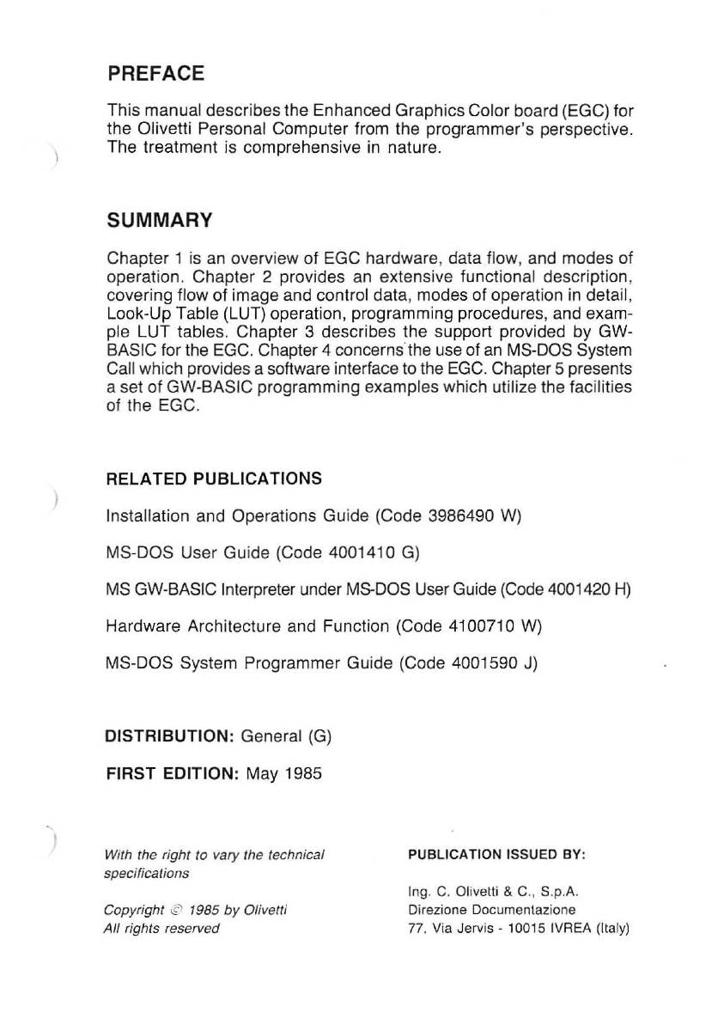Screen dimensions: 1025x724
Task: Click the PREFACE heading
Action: pos(155,74)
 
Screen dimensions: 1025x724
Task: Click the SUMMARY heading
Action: pos(159,222)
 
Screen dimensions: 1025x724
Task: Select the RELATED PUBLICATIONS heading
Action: pos(214,479)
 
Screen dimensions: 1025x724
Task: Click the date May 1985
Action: pos(283,773)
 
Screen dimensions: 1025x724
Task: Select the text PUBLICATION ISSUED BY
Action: pos(496,855)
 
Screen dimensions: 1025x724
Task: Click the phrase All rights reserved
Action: pos(161,928)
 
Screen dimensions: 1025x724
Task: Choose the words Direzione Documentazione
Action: pos(491,909)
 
